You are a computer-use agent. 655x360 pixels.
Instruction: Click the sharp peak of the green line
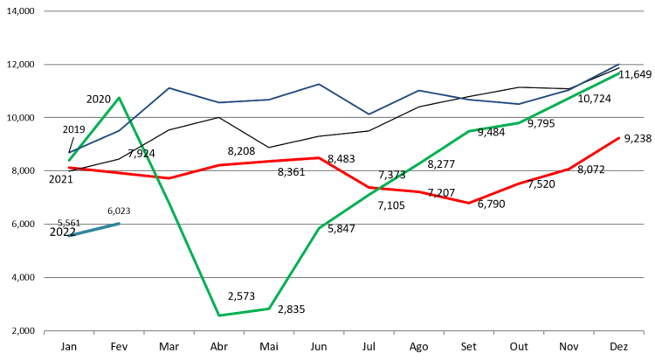[x=119, y=97]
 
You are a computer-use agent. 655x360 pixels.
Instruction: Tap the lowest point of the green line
[x=218, y=315]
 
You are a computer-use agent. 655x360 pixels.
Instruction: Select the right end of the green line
[x=619, y=73]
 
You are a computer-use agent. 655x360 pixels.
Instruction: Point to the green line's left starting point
[x=69, y=160]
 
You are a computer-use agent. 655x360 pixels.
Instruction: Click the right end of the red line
[x=619, y=137]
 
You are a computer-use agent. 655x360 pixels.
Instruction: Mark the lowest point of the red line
[x=469, y=203]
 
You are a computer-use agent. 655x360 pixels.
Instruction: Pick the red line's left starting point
[x=69, y=167]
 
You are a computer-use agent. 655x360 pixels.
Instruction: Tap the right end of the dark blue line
[x=619, y=64]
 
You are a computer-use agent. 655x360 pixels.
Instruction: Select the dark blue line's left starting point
[x=69, y=154]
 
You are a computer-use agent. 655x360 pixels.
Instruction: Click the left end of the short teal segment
[x=69, y=236]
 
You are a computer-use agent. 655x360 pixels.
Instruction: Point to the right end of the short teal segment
[x=120, y=224]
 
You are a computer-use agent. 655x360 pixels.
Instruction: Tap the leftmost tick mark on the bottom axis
[x=45, y=333]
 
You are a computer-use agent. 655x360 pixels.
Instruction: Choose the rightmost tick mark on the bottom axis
[x=644, y=333]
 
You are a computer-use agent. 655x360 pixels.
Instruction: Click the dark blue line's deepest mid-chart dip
[x=369, y=114]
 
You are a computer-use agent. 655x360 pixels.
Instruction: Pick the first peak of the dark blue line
[x=169, y=87]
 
